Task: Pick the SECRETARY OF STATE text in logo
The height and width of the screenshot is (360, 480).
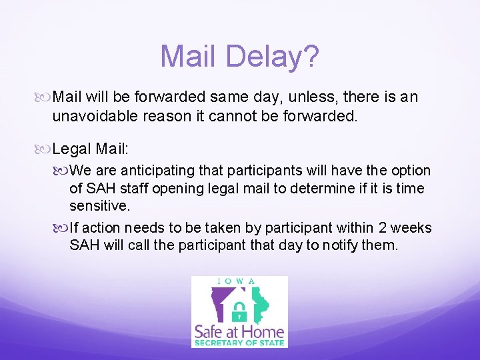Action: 239,343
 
